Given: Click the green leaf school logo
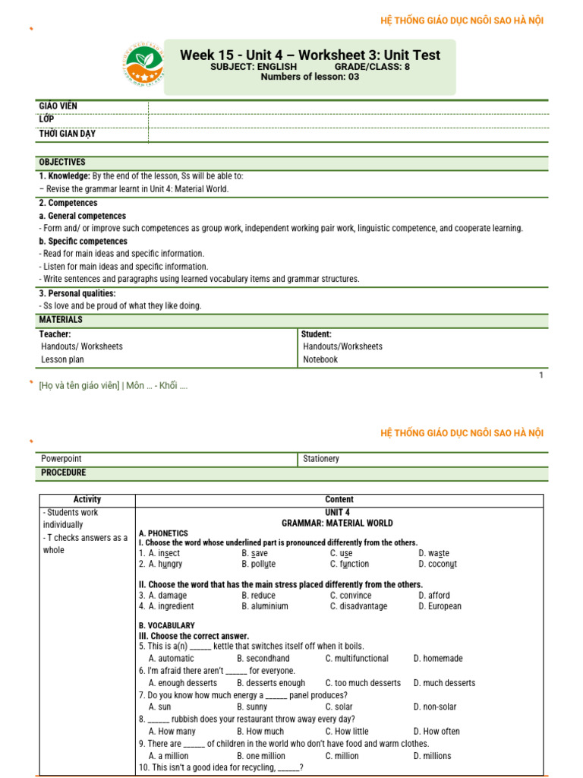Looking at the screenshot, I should (144, 66).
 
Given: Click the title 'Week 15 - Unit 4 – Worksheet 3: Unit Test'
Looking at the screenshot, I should (310, 55).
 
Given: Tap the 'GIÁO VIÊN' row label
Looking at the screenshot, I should (58, 106).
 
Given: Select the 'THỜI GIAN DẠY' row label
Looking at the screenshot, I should (68, 134).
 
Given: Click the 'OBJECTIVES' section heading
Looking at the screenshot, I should (62, 163).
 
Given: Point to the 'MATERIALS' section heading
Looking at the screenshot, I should (61, 320).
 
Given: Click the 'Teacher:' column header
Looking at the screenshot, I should (55, 334).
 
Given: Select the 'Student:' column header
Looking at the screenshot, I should (317, 334).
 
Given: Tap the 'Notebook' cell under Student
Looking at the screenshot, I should (320, 359).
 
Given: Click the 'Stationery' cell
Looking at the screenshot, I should (321, 459).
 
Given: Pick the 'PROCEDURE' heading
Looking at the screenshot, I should (64, 473).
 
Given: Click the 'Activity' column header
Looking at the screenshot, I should (87, 500).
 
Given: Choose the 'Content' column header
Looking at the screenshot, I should (339, 500).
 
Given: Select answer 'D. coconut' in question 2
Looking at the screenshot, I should (438, 564).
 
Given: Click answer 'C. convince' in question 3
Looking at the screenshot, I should (351, 596).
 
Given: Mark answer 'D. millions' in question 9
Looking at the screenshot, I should (433, 756).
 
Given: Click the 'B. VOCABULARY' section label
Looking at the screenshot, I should (167, 625).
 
